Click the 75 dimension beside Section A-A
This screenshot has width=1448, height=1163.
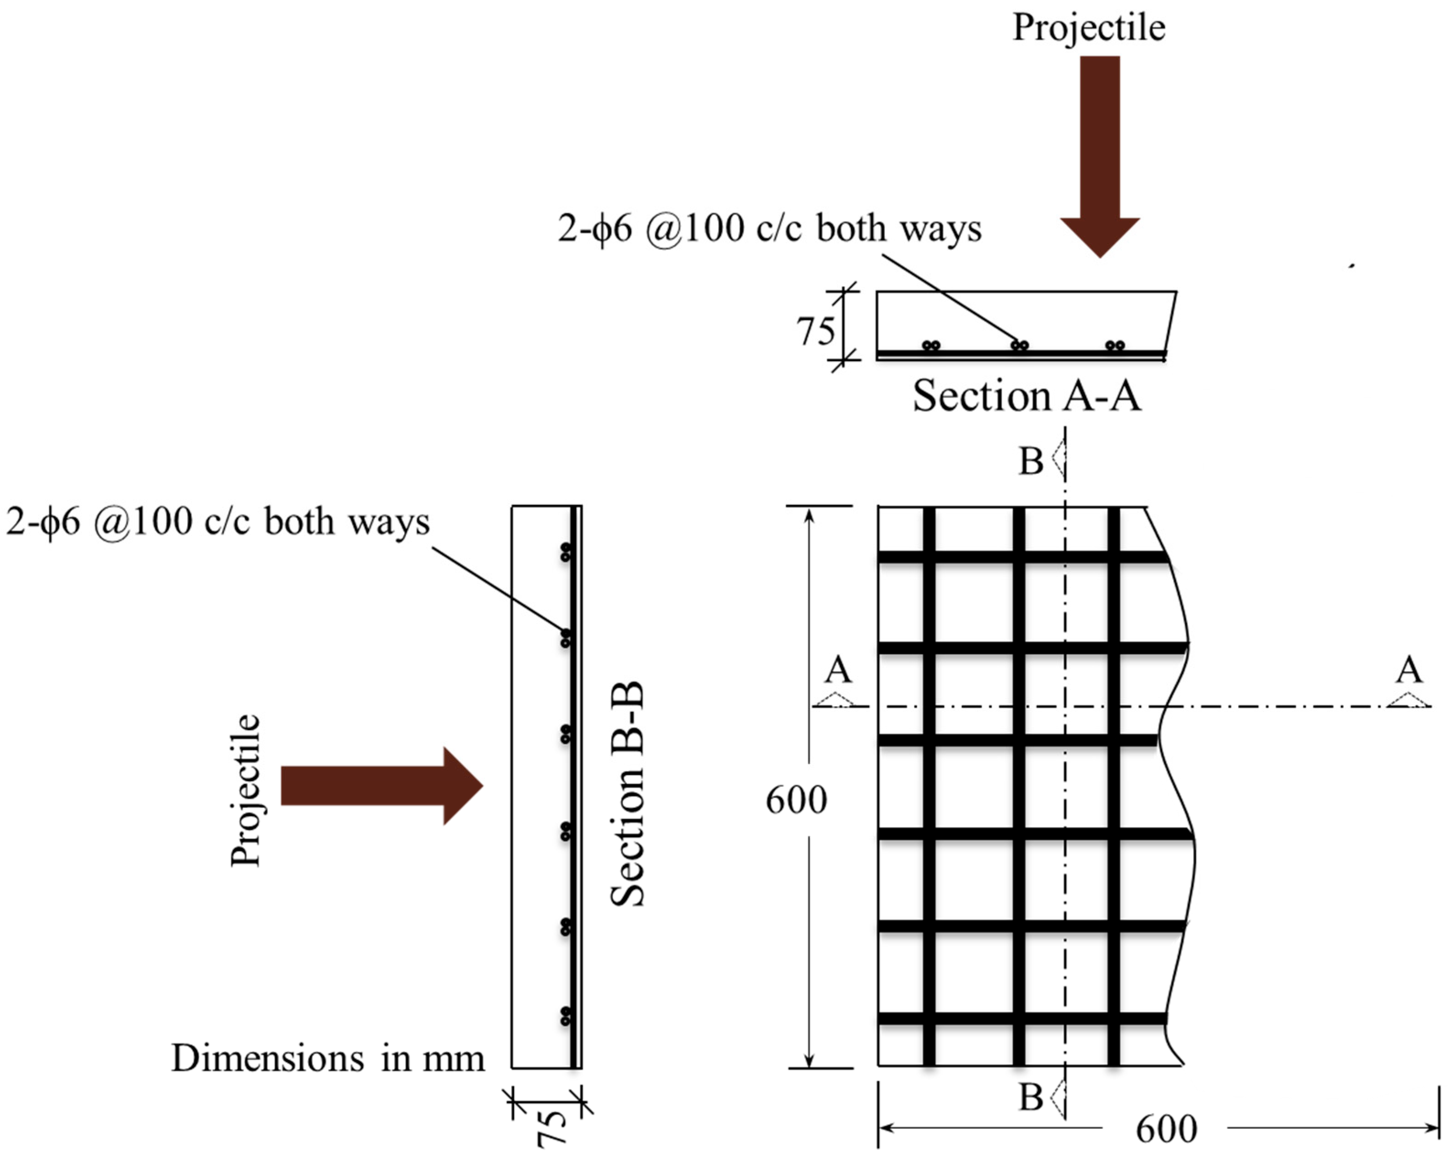click(816, 331)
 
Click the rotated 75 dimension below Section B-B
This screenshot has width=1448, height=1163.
click(551, 1127)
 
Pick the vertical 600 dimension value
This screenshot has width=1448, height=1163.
click(796, 800)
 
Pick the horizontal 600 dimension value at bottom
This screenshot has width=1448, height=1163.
click(1166, 1129)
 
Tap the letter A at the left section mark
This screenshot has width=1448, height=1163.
click(838, 669)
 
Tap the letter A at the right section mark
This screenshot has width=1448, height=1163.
click(1408, 669)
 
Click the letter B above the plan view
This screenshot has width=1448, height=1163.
click(1031, 461)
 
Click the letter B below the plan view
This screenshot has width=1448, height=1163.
click(1031, 1097)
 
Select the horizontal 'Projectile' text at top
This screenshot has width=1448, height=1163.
click(1089, 28)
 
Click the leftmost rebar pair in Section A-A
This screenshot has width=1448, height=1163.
click(931, 346)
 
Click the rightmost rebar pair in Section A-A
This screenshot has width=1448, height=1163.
click(1115, 346)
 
